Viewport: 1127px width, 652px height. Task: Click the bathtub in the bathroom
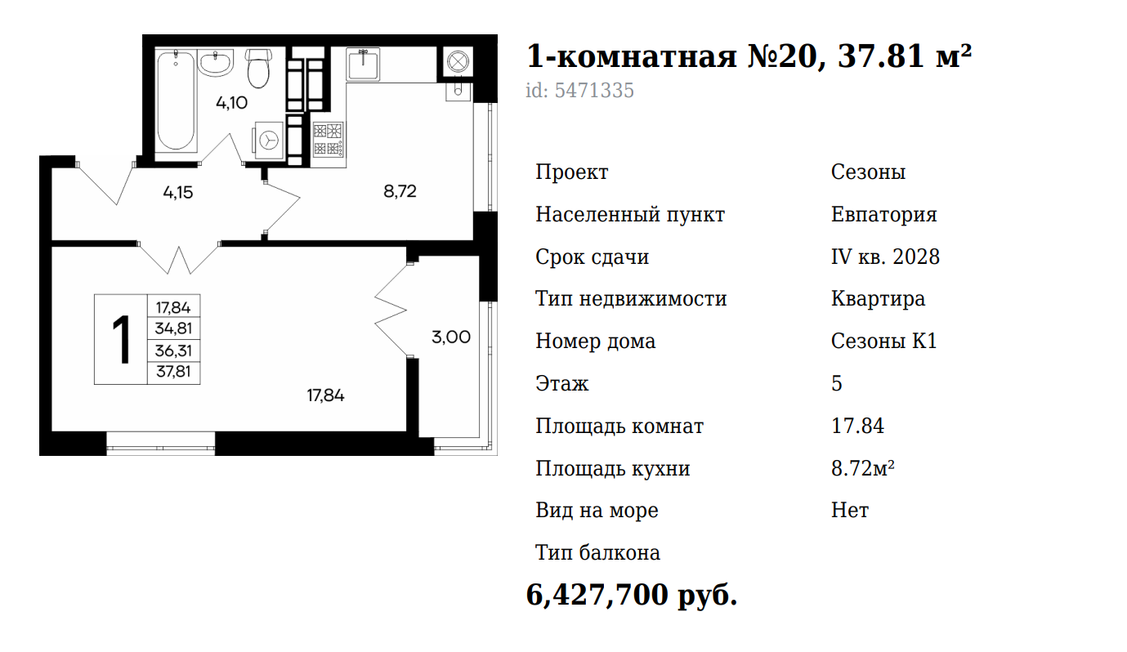175,100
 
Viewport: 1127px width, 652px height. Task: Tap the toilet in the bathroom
259,68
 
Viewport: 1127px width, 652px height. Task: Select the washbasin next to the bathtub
216,64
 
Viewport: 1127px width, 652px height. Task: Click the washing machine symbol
269,140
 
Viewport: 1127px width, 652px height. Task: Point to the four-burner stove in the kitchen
328,140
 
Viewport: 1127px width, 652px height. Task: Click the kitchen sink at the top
363,65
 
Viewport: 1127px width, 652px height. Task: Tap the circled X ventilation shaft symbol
458,62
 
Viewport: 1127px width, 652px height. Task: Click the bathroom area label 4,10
231,103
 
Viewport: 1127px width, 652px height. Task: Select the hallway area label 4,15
178,192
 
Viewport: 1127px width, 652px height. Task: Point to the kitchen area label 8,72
400,191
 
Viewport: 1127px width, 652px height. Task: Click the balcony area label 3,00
451,337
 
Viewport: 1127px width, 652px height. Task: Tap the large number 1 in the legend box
121,340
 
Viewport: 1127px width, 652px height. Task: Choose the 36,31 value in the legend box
173,351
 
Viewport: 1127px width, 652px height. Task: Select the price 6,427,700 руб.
632,595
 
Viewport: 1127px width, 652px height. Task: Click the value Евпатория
884,215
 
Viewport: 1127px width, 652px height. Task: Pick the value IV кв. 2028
886,257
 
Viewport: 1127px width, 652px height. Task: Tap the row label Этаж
562,384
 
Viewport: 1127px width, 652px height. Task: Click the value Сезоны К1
884,342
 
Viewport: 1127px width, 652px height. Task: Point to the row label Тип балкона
597,553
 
